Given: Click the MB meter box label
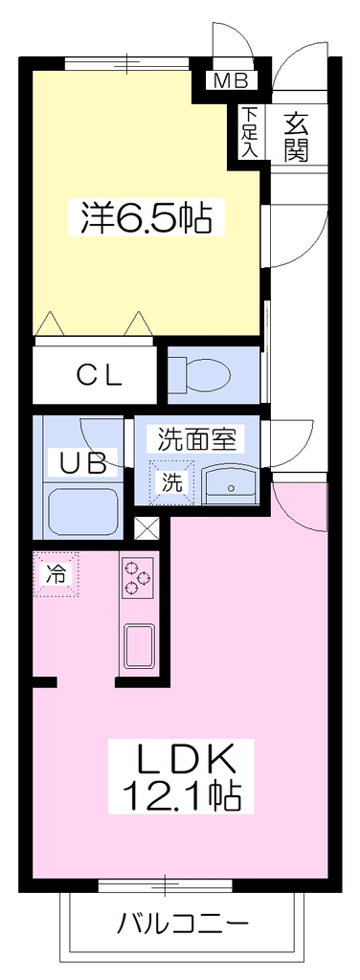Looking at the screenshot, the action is tap(232, 80).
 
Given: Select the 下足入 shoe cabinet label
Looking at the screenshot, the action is tap(250, 132).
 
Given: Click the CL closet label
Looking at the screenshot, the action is tap(99, 375).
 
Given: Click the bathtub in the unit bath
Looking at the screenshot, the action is tap(84, 511).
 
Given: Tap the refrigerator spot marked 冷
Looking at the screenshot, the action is tap(56, 573).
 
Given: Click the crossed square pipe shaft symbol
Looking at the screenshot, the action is tap(147, 528).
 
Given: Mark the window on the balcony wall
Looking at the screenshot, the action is tap(165, 885).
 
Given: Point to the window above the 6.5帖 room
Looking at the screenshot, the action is tap(127, 63).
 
